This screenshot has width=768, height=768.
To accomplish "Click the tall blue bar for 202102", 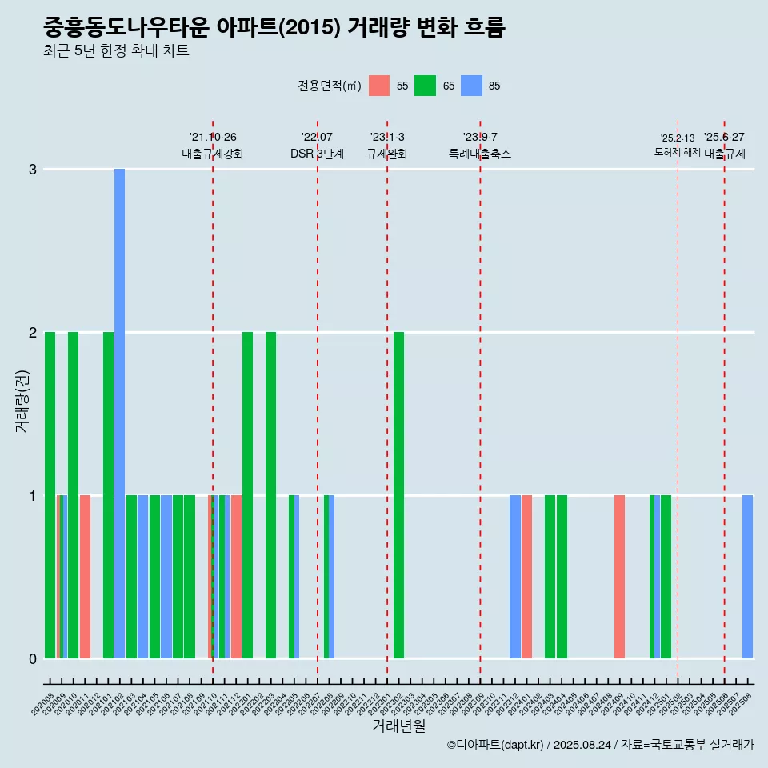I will click(x=119, y=414).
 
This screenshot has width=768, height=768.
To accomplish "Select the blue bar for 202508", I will click(x=747, y=577).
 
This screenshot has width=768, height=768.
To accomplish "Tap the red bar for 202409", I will click(x=619, y=577).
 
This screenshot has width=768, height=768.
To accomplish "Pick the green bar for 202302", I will click(x=398, y=495).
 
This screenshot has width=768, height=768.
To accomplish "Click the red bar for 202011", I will click(x=85, y=577).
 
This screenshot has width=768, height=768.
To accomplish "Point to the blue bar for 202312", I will click(x=514, y=577).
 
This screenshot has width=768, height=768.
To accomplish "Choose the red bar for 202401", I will click(x=526, y=577).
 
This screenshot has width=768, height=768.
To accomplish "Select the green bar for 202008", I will click(x=50, y=495).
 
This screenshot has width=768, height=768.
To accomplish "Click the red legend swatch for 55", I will click(x=379, y=86).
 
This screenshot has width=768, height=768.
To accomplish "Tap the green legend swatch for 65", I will click(x=425, y=86).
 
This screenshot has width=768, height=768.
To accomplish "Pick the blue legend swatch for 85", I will click(x=471, y=86).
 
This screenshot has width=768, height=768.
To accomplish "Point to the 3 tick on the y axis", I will click(x=33, y=170).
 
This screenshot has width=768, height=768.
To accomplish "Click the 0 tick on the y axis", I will click(x=33, y=659).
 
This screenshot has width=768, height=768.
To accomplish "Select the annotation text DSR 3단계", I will click(x=317, y=154).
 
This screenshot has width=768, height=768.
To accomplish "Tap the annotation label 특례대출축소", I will click(x=480, y=154).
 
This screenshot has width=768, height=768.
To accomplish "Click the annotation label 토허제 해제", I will click(x=677, y=152).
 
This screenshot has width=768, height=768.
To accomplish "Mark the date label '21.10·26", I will click(x=213, y=138).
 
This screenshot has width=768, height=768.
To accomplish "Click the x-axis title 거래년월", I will click(x=398, y=726).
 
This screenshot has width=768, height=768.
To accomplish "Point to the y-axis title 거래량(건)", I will click(x=22, y=401).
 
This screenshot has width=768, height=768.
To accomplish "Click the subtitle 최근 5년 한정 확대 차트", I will click(x=116, y=51).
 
